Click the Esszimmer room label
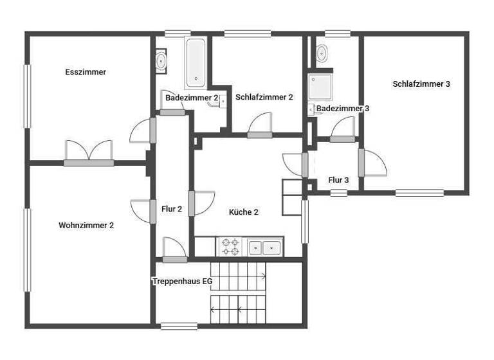(86, 72)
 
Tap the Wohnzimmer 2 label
(86, 225)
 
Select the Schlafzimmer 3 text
(421, 84)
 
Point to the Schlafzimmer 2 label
(264, 97)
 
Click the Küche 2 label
(243, 212)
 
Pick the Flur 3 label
(338, 180)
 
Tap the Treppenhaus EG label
(182, 281)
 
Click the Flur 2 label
(171, 208)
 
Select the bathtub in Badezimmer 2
(196, 63)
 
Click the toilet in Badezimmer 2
(161, 61)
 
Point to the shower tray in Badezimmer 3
(320, 87)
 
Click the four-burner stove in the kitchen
(230, 247)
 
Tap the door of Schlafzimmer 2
(261, 125)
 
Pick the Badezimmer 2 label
(192, 98)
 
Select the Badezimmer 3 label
(343, 109)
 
